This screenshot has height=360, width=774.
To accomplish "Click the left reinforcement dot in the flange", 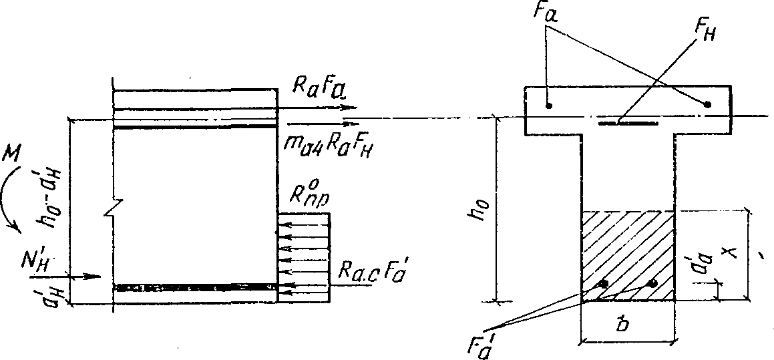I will [548, 106].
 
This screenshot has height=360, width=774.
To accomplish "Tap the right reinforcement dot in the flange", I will [708, 104].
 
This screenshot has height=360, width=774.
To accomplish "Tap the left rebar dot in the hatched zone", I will [604, 284].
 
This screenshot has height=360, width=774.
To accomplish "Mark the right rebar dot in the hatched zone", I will [652, 284].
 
